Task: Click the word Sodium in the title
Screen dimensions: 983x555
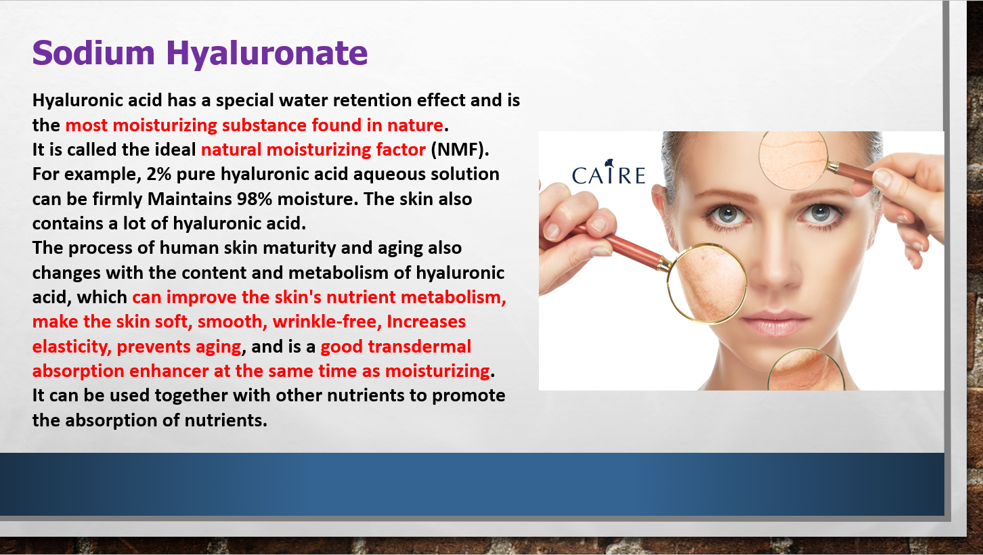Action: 93,53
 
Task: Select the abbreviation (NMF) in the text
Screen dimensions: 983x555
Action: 460,150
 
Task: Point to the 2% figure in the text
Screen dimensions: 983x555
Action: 158,174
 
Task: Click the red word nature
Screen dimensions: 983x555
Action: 415,125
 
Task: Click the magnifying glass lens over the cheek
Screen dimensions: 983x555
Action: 707,284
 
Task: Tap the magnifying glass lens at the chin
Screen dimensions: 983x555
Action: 806,370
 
